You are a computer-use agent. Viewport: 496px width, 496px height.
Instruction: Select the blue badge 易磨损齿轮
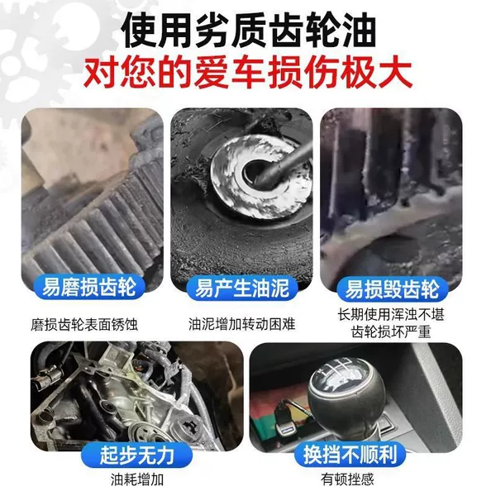89,287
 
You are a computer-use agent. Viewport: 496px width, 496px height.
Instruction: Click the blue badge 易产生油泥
242,288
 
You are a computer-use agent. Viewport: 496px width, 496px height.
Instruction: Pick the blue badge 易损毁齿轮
392,289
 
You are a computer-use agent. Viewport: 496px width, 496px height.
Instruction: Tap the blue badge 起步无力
136,455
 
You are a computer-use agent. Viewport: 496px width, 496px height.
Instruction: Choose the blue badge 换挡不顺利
350,454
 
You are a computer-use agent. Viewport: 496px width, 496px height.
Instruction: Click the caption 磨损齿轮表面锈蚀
84,325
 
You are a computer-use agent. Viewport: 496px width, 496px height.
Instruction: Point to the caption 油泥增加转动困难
242,324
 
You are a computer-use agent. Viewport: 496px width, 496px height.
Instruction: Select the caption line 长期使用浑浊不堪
391,315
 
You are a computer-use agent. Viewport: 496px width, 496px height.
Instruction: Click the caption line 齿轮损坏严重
391,332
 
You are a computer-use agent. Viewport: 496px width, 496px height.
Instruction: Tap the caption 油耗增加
137,479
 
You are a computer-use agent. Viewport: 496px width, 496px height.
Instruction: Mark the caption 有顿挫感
347,479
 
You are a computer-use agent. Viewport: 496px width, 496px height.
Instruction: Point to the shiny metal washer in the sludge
260,177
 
